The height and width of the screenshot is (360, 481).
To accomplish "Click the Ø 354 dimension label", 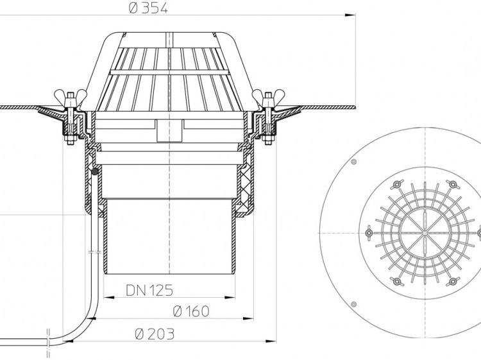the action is [149, 8].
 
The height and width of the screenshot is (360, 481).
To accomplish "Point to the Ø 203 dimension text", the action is [155, 334].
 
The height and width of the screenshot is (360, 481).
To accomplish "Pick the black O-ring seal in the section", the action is [95, 171].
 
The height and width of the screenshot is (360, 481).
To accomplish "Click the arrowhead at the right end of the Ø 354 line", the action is [351, 15].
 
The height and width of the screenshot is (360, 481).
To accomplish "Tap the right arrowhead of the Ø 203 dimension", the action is [271, 341].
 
